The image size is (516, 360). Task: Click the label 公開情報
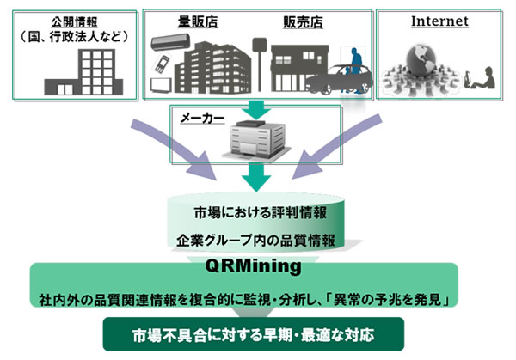click(x=71, y=20)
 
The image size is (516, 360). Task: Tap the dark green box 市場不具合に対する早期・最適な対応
click(x=257, y=333)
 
